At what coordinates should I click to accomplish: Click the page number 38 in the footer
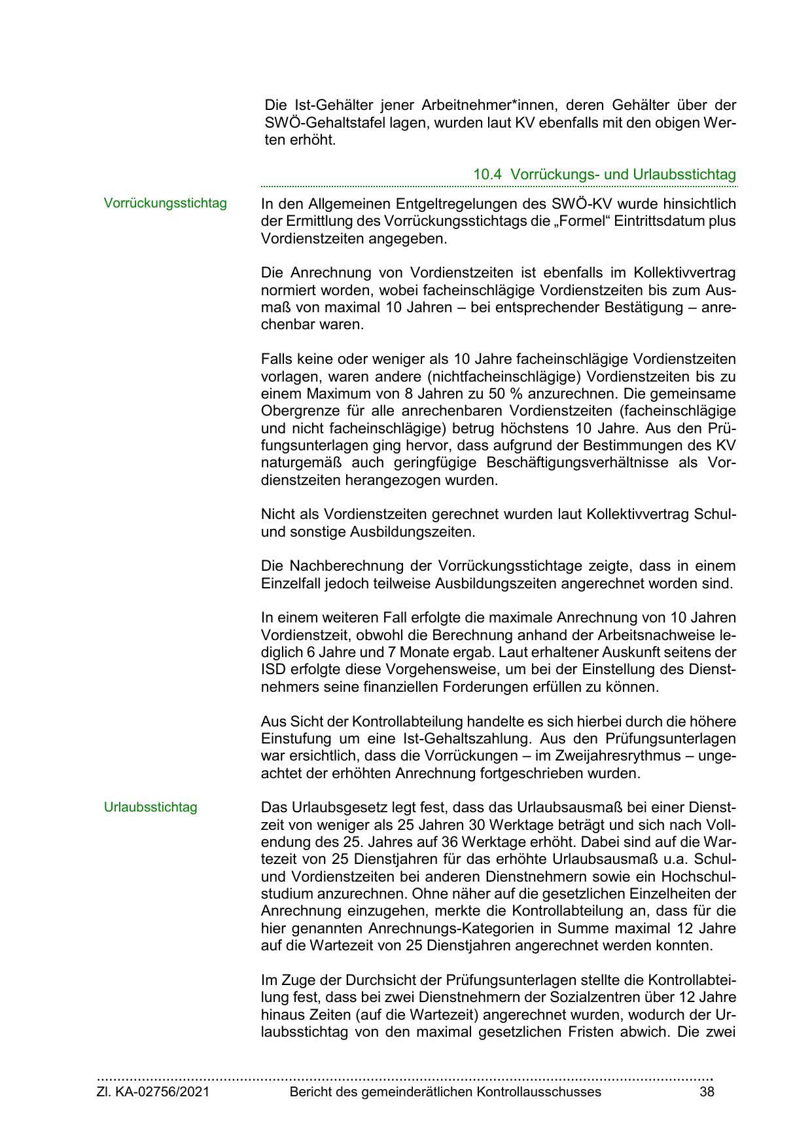coord(706,1092)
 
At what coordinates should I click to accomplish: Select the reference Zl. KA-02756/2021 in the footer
coord(153,1092)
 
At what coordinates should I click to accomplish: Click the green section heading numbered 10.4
coord(604,175)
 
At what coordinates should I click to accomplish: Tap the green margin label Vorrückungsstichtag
coord(166,203)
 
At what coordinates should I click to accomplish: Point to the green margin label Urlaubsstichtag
coord(150,807)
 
